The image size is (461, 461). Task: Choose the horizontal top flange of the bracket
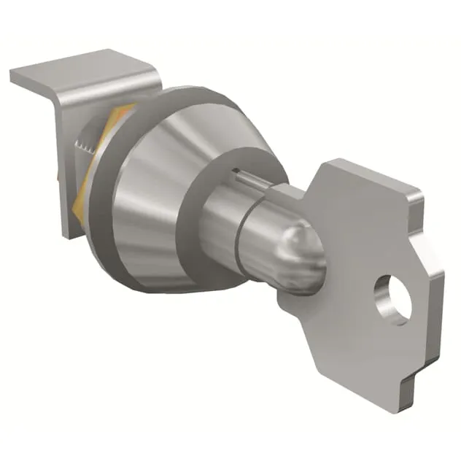click(x=80, y=69)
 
